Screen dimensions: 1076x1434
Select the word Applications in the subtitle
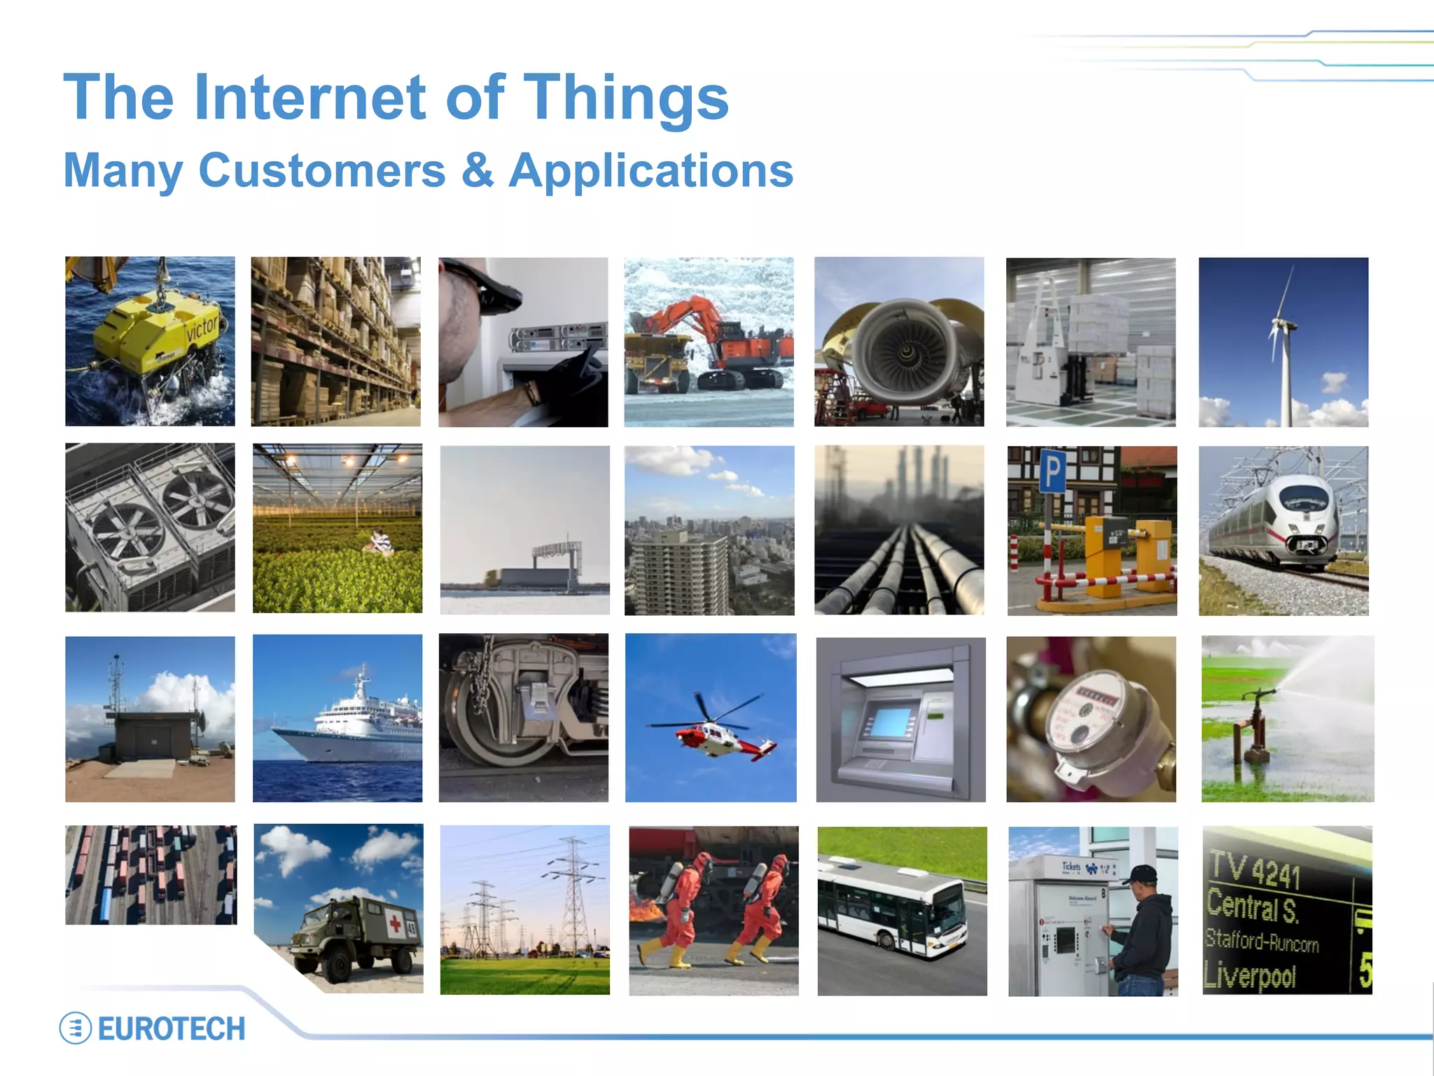pos(650,171)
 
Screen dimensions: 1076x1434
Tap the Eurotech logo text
pos(171,1029)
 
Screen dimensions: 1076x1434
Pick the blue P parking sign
pos(1052,471)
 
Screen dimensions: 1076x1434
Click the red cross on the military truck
pos(395,925)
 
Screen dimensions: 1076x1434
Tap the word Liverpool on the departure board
pos(1251,976)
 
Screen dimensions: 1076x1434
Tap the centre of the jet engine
pos(906,350)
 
